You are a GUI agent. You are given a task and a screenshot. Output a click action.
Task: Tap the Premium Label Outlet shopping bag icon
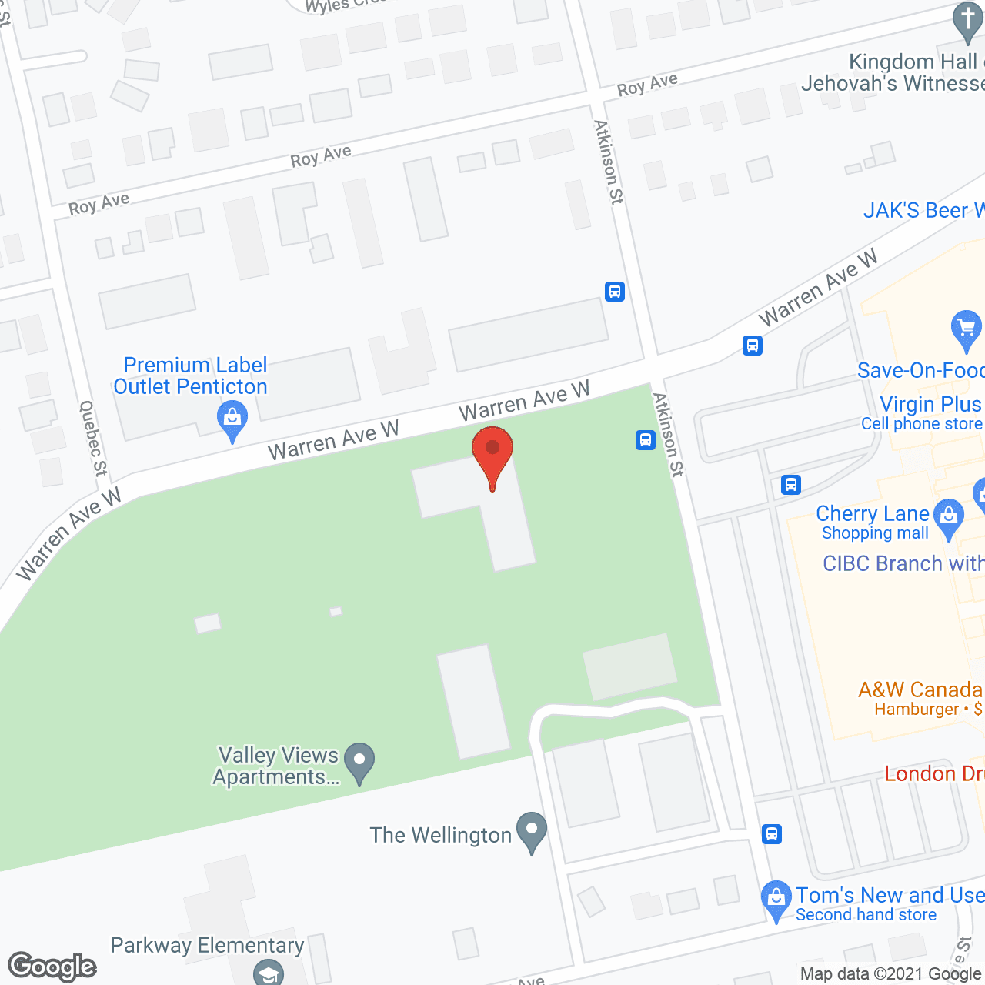[232, 420]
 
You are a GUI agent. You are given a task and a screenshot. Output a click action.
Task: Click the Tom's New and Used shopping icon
[776, 899]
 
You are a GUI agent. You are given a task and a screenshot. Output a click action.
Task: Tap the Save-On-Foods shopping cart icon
[966, 329]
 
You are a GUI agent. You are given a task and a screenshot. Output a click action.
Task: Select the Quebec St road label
[92, 438]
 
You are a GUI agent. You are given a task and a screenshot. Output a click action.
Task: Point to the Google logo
[52, 967]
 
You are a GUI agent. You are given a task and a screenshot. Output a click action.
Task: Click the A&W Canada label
[920, 689]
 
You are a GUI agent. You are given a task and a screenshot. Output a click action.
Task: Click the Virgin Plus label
[930, 404]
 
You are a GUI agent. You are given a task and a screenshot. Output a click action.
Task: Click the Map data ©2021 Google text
[891, 974]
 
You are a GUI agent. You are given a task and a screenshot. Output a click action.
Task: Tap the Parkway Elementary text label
[207, 945]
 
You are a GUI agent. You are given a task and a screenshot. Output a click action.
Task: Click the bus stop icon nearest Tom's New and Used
[772, 833]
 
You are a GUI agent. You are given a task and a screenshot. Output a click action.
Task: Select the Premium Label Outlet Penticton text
[191, 376]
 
